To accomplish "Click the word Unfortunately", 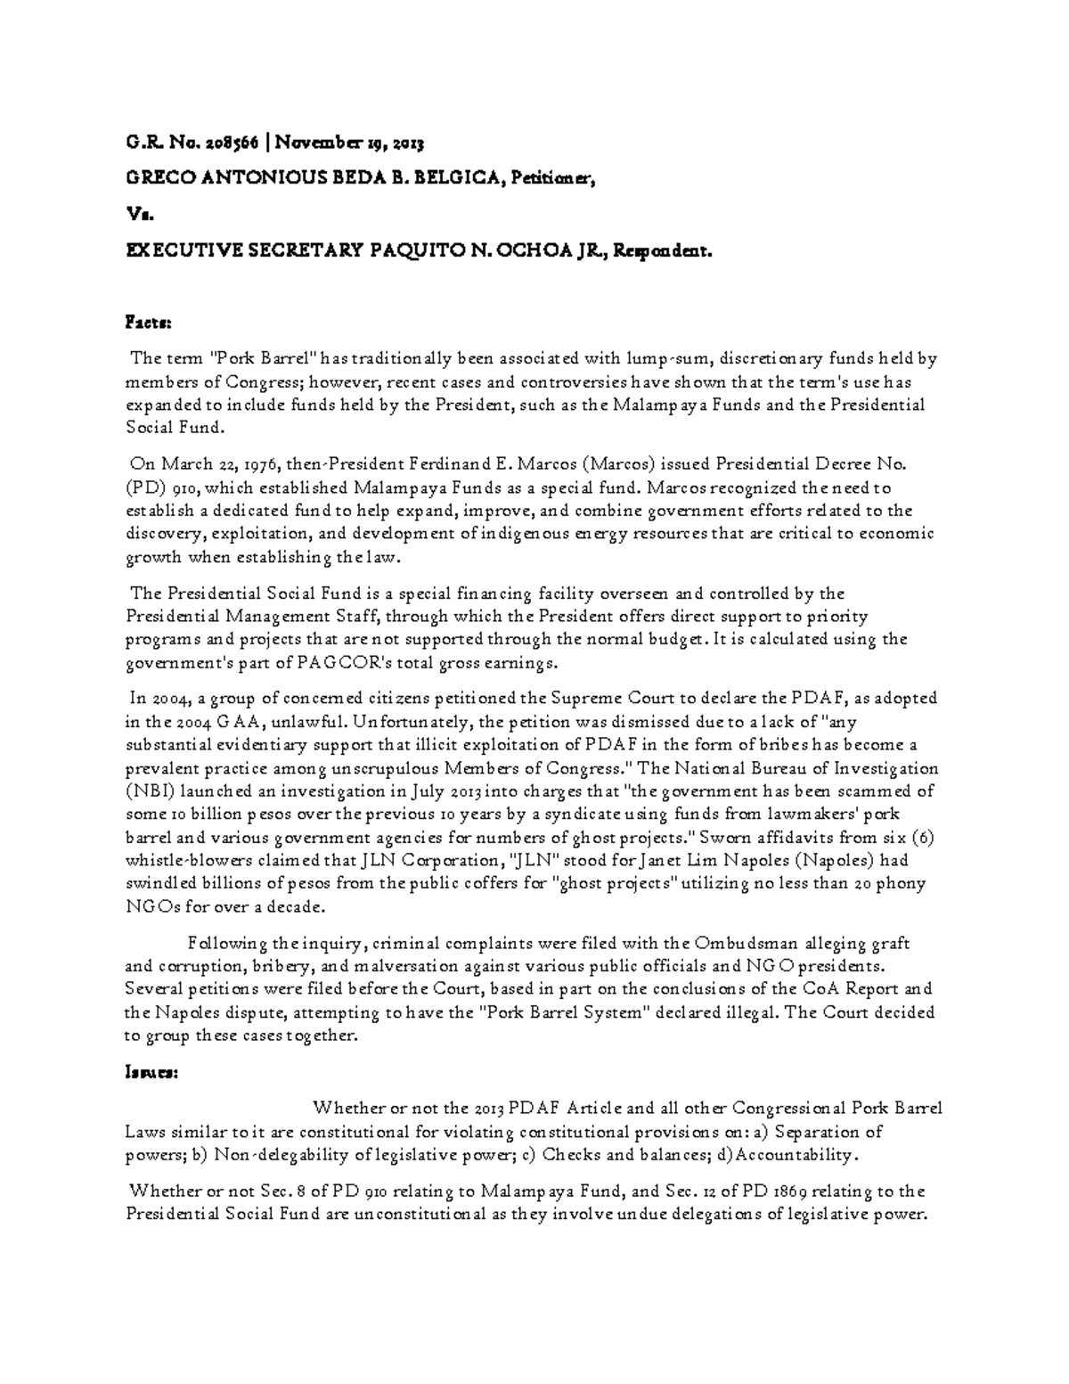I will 413,722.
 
